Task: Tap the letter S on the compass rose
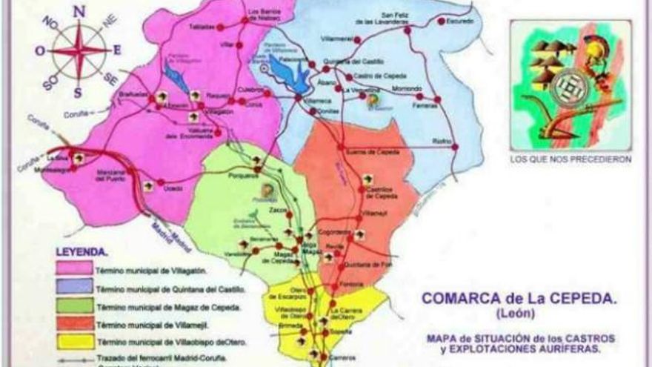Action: coord(77,92)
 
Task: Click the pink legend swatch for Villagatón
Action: coord(74,268)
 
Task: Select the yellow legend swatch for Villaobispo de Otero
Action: coord(74,342)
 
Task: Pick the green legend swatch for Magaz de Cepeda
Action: coord(74,305)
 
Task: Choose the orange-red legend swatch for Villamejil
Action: coord(74,323)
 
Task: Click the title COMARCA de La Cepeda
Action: coord(519,298)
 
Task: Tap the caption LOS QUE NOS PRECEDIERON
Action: coord(570,159)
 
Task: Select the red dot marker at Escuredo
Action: coord(442,22)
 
